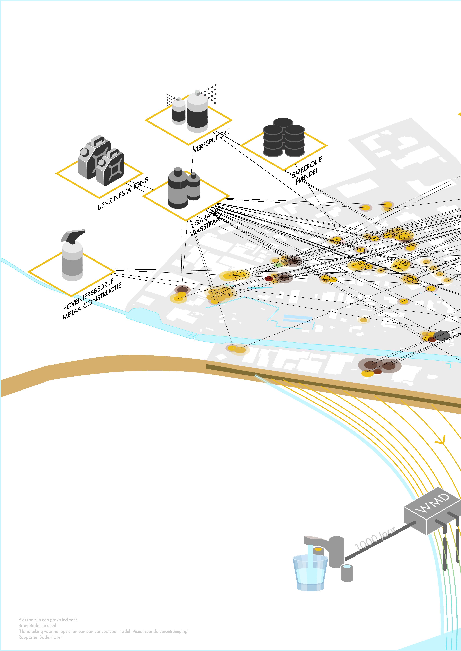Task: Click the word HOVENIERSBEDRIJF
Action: (x=88, y=295)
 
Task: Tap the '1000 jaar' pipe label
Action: (x=375, y=539)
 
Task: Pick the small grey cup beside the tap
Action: (x=347, y=573)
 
